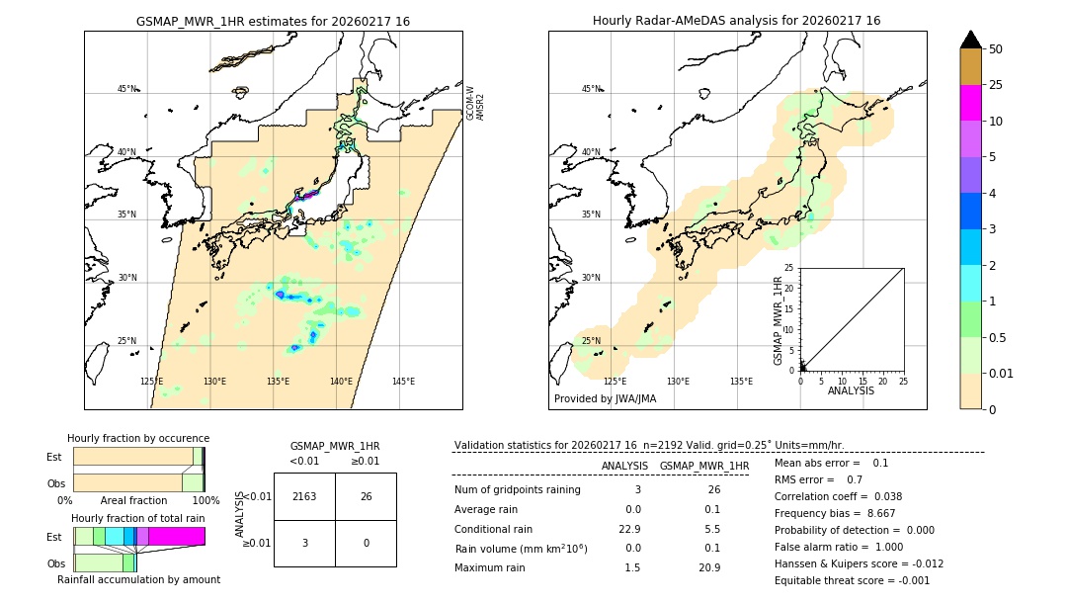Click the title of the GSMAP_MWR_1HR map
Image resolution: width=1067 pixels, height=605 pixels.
(x=273, y=21)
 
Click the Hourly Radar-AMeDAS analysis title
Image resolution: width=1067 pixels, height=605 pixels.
(x=736, y=21)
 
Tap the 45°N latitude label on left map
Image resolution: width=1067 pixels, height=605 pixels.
(x=126, y=89)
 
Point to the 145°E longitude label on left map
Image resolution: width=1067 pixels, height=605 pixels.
(x=403, y=382)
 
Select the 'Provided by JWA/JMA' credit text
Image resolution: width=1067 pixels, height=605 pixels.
(x=605, y=398)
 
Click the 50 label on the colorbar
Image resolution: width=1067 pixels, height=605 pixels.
(x=996, y=49)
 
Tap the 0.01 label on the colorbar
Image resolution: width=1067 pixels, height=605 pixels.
(x=1002, y=373)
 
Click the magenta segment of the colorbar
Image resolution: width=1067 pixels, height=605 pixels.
(x=970, y=103)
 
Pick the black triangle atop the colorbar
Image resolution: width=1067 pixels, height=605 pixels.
(x=970, y=40)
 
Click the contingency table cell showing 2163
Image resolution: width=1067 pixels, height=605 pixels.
(x=304, y=496)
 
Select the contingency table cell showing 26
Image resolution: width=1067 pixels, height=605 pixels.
(x=366, y=496)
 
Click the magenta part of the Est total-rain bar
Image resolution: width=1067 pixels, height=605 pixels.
(x=177, y=536)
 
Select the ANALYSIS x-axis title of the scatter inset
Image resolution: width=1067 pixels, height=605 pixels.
(x=851, y=390)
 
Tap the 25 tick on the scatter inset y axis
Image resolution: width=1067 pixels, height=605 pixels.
(x=789, y=268)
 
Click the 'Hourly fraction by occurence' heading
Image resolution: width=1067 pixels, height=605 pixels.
(x=138, y=438)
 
